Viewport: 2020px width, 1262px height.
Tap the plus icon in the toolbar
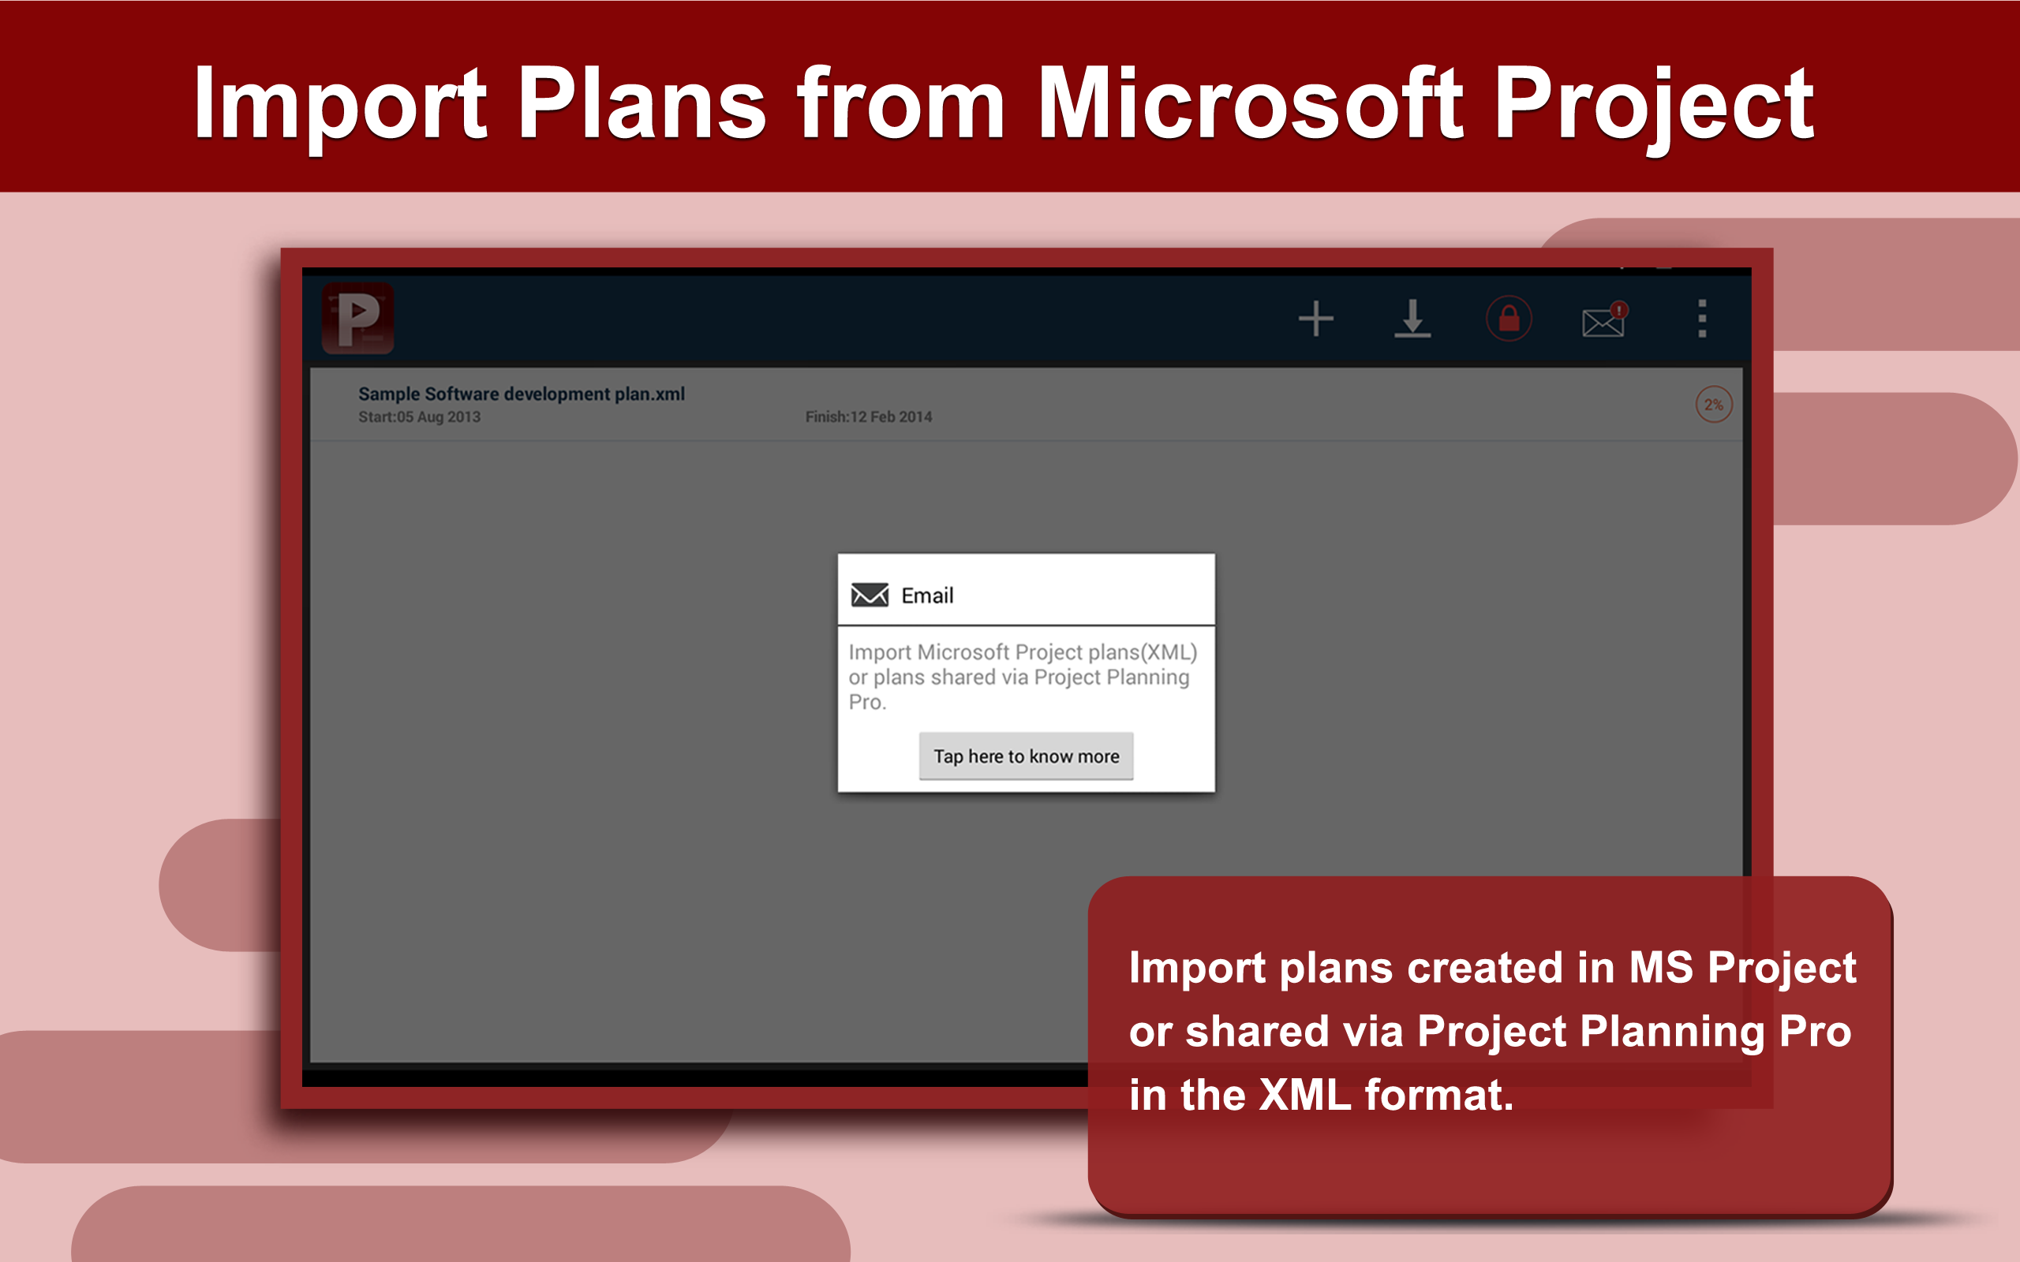click(x=1315, y=319)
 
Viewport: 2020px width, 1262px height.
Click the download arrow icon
click(x=1412, y=319)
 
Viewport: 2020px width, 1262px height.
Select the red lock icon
click(x=1509, y=319)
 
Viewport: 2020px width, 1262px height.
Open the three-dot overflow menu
click(x=1702, y=319)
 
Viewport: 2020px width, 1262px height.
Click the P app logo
click(x=358, y=318)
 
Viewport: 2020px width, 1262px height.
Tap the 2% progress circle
click(x=1713, y=405)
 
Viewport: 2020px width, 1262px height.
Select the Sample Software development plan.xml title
click(x=521, y=394)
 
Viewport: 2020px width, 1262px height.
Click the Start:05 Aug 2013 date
click(x=419, y=417)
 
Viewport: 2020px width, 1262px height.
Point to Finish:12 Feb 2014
click(x=868, y=417)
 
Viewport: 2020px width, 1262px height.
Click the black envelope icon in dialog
click(x=869, y=595)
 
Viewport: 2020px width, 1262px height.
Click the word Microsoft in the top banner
click(x=1250, y=104)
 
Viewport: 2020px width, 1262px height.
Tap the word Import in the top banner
click(x=340, y=104)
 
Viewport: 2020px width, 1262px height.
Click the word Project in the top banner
click(x=1653, y=104)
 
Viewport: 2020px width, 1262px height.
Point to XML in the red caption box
click(x=1304, y=1095)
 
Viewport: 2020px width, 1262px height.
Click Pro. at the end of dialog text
click(x=867, y=703)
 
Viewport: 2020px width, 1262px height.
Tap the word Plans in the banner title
click(x=641, y=104)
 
